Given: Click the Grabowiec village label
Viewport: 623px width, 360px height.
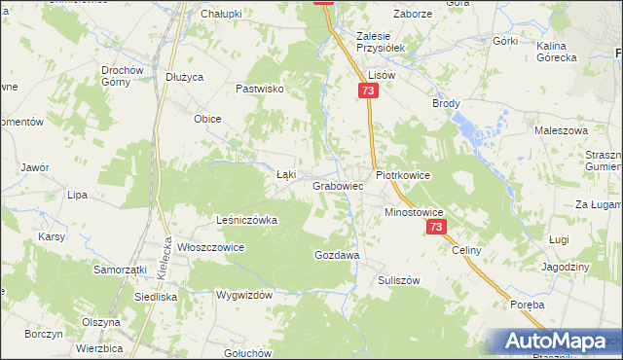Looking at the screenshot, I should (x=338, y=185).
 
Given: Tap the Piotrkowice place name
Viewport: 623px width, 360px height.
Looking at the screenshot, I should (x=402, y=175).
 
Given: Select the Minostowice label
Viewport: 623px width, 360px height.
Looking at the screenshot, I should (x=414, y=211).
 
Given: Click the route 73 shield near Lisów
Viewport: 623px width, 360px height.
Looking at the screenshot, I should (x=366, y=90).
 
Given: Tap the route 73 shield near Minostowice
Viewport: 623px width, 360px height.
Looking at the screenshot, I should (x=435, y=227).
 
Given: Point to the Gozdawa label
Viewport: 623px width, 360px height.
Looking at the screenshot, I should (x=337, y=254).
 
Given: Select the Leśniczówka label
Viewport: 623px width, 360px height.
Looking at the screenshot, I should (x=246, y=220).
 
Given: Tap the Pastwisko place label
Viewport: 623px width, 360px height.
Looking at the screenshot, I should (x=259, y=88).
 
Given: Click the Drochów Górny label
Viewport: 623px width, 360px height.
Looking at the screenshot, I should (x=123, y=76).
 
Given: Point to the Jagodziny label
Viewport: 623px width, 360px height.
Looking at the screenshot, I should (x=566, y=267).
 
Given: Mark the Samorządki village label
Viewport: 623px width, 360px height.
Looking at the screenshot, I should (x=120, y=269).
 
